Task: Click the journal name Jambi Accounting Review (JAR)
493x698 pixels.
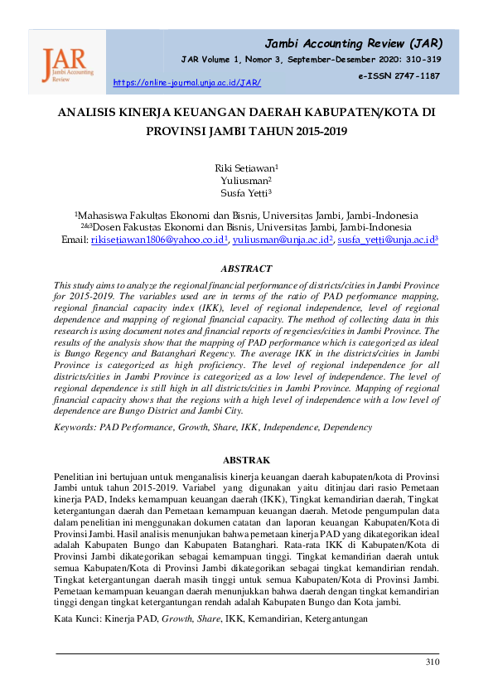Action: [352, 43]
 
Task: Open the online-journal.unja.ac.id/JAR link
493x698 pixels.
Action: [186, 83]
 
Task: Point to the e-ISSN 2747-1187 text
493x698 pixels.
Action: [399, 75]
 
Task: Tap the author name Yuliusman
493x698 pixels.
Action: [244, 181]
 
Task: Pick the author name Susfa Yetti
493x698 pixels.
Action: [244, 194]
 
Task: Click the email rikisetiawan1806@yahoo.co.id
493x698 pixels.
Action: [157, 240]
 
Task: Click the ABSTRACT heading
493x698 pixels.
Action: [246, 269]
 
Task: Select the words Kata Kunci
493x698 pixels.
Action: [76, 619]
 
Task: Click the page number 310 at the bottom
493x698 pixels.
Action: [432, 662]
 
